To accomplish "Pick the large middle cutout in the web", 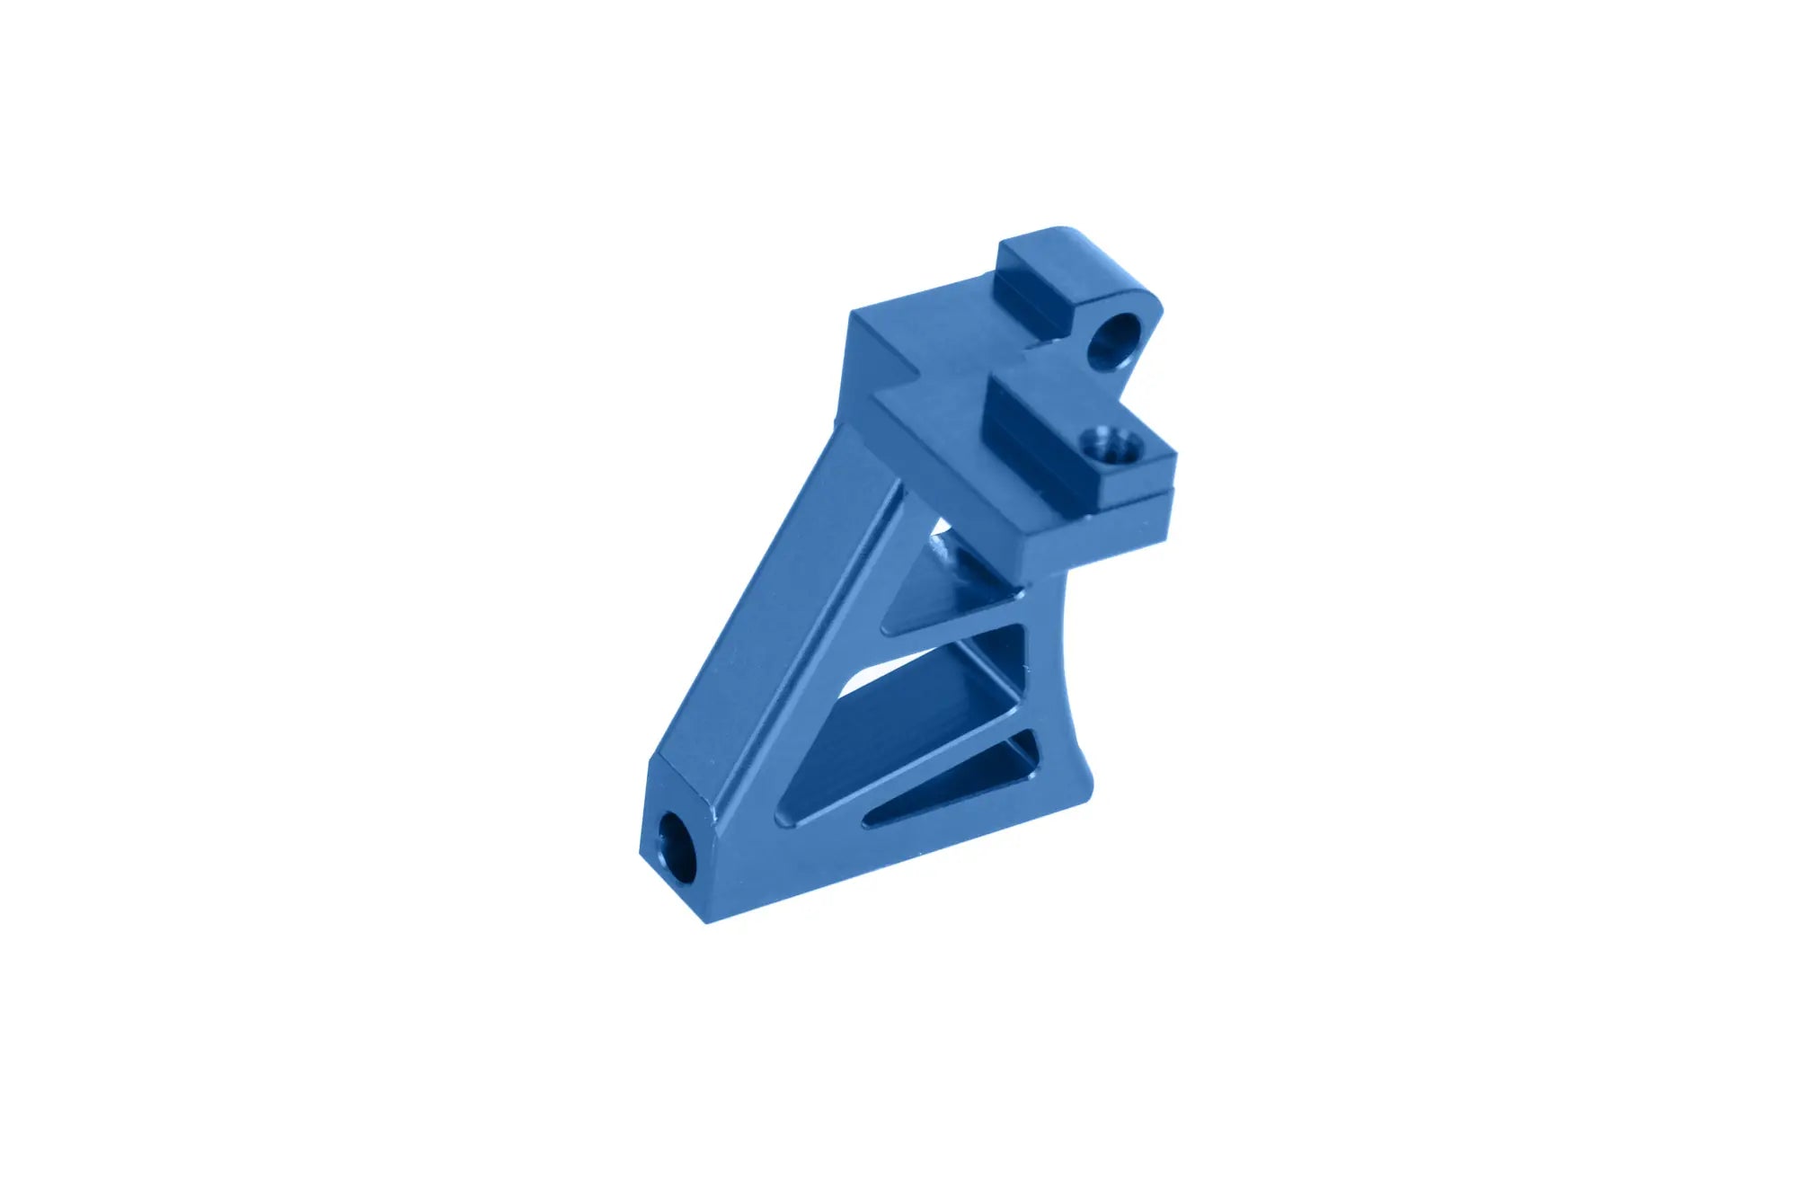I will pyautogui.click(x=934, y=710).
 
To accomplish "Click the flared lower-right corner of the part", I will pyautogui.click(x=1083, y=791).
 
